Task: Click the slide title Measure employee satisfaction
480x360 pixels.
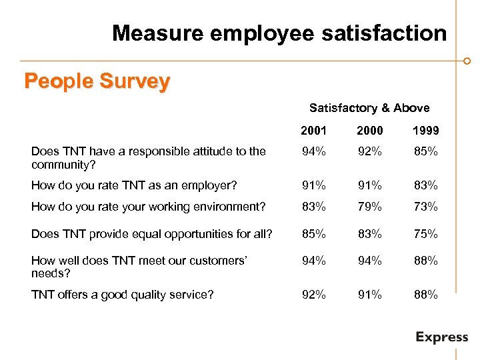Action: point(279,33)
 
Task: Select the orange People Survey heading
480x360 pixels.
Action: point(97,81)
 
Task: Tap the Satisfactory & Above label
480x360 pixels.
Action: point(369,107)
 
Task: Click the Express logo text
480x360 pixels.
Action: point(441,337)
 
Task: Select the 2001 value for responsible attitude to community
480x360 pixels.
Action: point(314,151)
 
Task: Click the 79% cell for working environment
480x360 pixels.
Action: point(369,207)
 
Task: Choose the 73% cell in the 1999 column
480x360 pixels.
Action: point(425,207)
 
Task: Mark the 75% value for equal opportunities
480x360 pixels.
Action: point(425,234)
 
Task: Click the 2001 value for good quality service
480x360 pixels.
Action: point(314,293)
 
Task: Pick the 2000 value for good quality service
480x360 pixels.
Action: point(369,293)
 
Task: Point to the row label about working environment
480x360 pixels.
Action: point(148,207)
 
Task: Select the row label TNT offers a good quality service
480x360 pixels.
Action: point(123,293)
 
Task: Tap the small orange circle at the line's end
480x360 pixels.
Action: point(467,61)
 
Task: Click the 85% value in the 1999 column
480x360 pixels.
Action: point(425,151)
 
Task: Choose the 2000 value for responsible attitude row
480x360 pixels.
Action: point(369,151)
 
